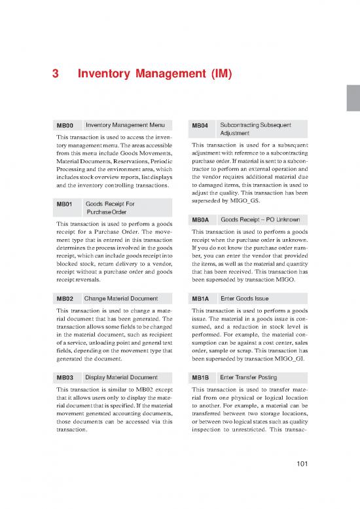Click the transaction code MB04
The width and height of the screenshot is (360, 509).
(200, 124)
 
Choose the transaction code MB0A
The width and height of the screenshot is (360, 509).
(200, 219)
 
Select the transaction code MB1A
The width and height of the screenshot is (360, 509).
(200, 299)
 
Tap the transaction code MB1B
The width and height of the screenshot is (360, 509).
(200, 378)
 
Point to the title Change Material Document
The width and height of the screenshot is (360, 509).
(122, 299)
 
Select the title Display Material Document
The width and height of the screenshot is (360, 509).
(121, 378)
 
